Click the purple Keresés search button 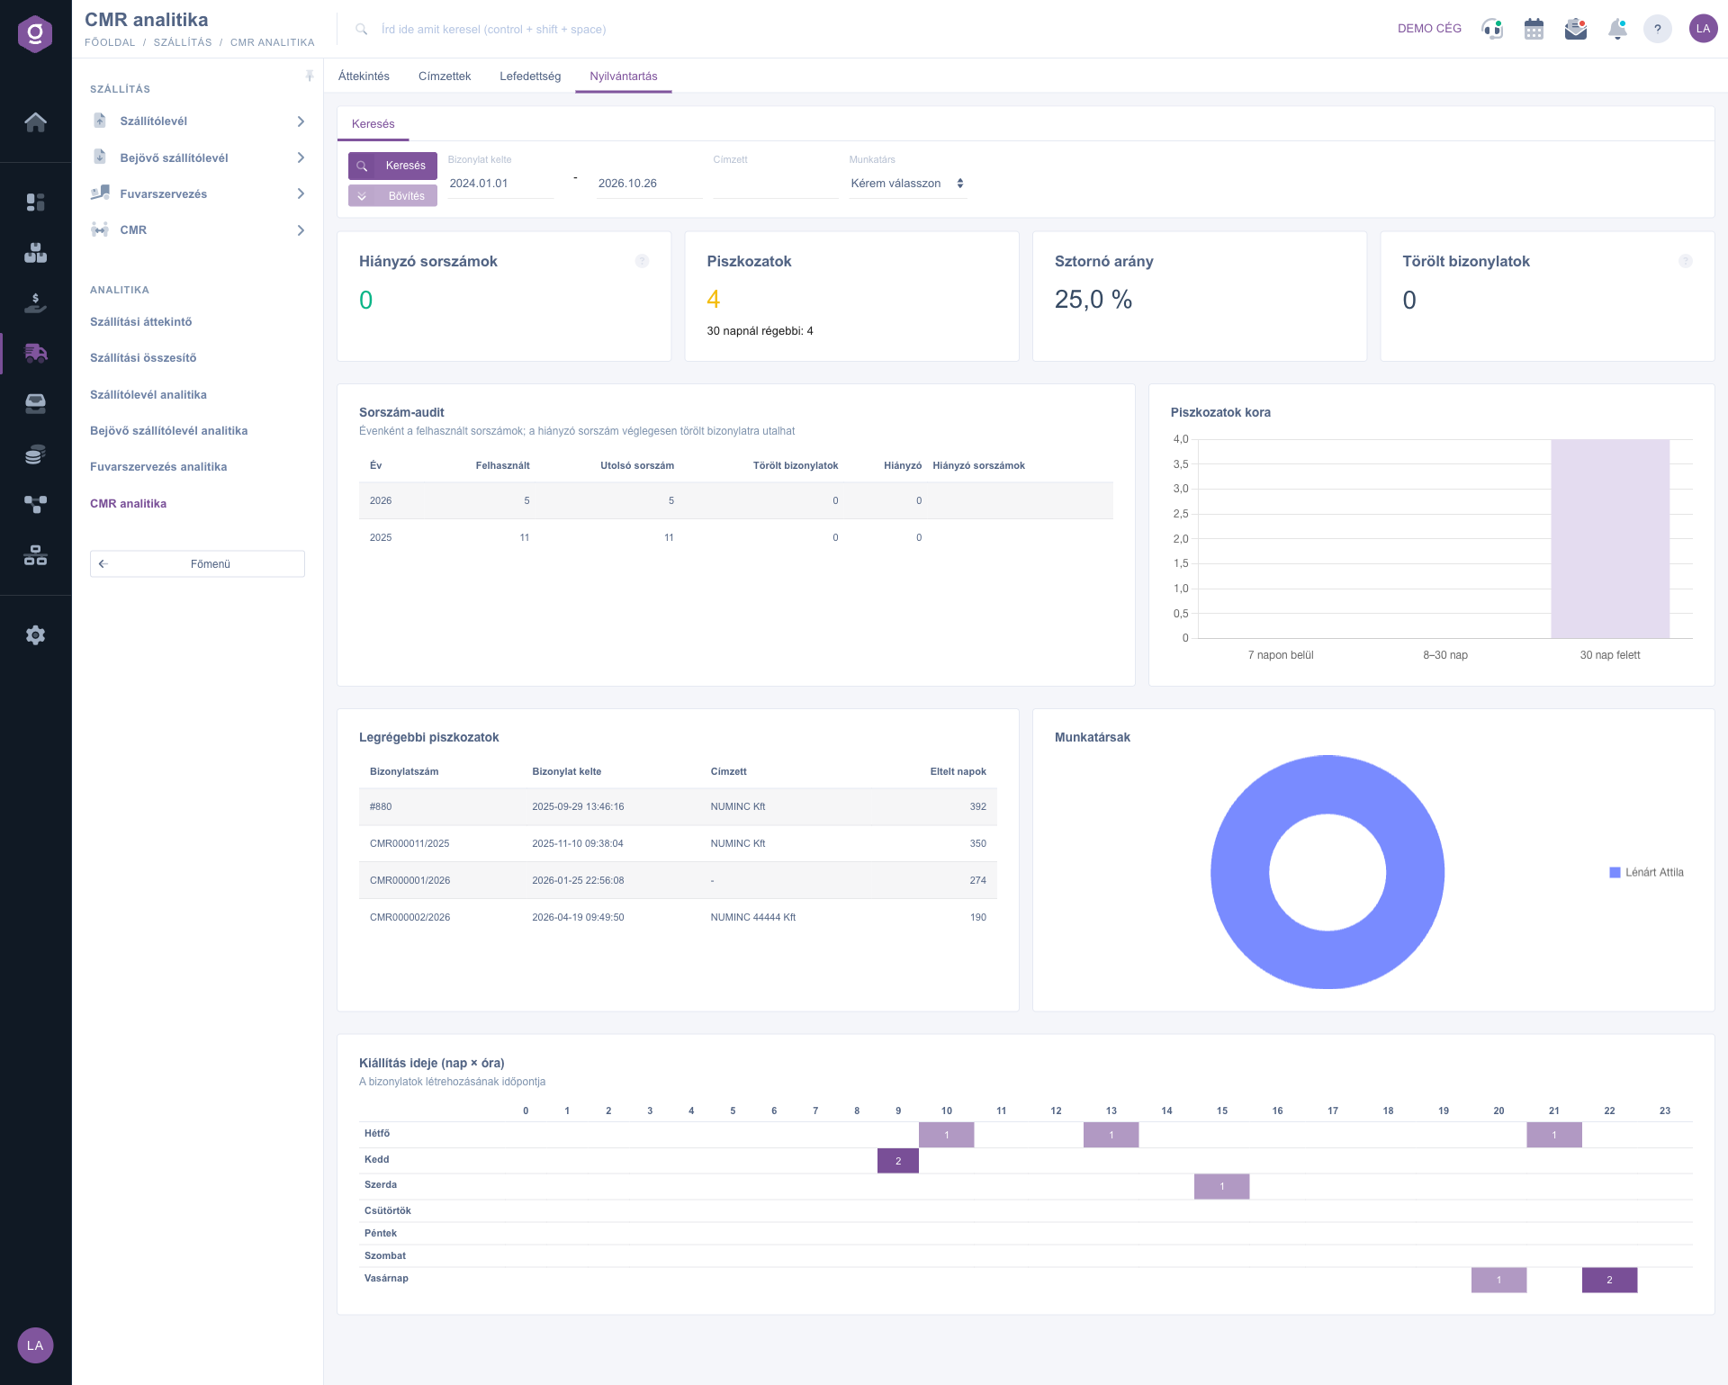(x=392, y=166)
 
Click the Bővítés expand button (x=392, y=196)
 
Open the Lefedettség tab (x=530, y=76)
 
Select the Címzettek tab (x=445, y=76)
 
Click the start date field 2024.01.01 (x=499, y=184)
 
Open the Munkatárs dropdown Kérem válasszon (x=907, y=184)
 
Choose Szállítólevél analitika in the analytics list (x=148, y=395)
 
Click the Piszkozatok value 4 (x=714, y=299)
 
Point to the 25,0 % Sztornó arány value (x=1093, y=300)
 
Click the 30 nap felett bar (x=1610, y=539)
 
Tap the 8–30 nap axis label (x=1445, y=655)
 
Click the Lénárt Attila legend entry (x=1646, y=872)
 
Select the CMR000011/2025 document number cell (x=409, y=844)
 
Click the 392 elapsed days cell (x=978, y=807)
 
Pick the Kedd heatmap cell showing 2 (x=898, y=1161)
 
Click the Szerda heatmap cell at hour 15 (x=1222, y=1187)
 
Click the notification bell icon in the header (x=1617, y=29)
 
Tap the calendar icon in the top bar (x=1534, y=29)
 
